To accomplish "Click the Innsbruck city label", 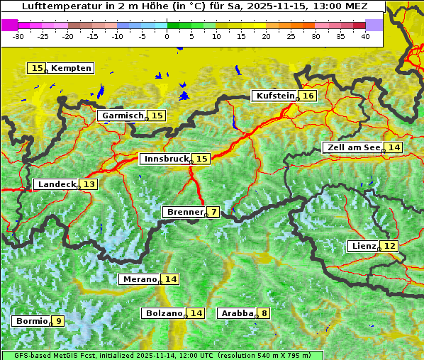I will (165, 159).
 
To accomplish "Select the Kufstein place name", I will (275, 96).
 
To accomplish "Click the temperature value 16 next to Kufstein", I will (308, 96).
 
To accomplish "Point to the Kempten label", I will (71, 68).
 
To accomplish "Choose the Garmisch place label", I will (122, 116).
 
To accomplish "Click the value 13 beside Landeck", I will (89, 184).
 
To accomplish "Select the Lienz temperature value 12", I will (390, 246).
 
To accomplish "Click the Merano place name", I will (139, 279).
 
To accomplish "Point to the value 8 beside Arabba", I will (264, 313).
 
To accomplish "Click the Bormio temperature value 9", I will (58, 321).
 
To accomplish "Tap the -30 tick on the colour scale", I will (18, 35).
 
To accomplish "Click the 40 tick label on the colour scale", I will (365, 35).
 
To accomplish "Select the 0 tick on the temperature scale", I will (167, 35).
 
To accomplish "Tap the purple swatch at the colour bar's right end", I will (374, 24).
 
